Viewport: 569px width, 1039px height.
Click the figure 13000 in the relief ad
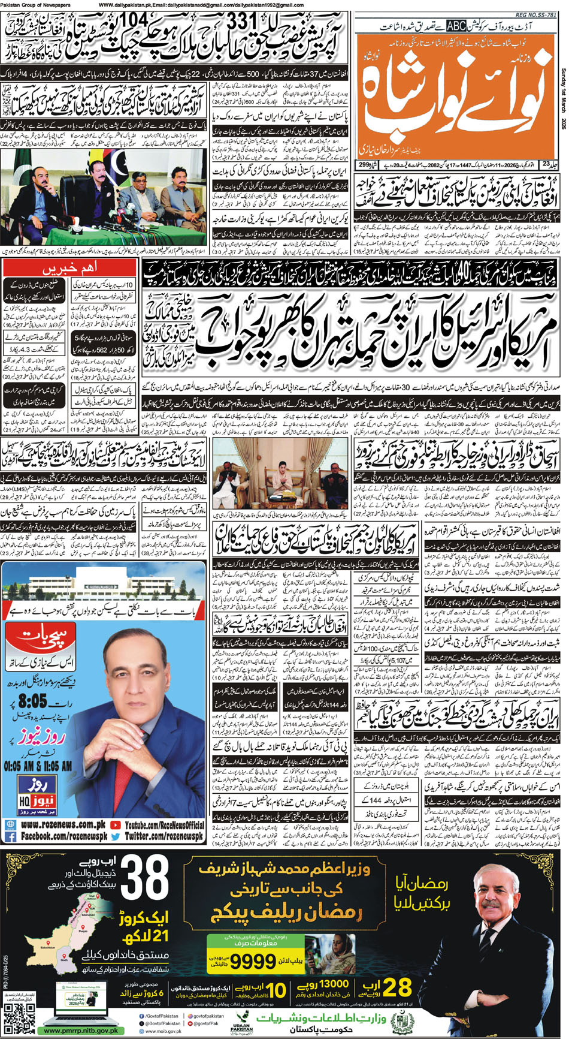[334, 984]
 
